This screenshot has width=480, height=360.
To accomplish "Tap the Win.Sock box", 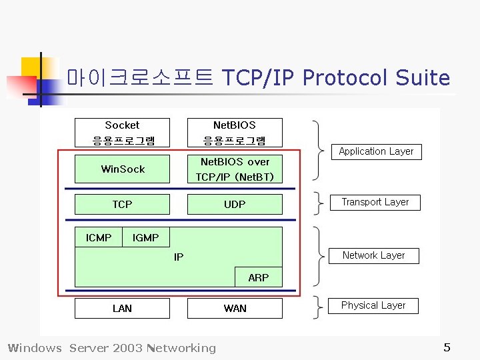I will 123,169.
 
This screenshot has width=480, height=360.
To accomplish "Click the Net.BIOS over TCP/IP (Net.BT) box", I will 235,169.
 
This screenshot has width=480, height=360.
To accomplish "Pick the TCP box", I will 122,204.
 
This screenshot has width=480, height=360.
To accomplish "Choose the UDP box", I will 235,204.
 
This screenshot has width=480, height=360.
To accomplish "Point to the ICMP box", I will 99,237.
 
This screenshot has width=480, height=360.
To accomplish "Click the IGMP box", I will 145,237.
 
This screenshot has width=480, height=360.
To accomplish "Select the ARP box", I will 258,277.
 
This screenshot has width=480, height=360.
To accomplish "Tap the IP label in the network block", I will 179,257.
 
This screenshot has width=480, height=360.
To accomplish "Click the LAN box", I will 122,308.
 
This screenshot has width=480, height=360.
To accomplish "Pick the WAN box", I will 235,308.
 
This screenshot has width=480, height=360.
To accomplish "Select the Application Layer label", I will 376,151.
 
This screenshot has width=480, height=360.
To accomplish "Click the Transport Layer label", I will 375,202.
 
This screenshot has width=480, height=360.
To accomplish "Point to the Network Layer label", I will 373,255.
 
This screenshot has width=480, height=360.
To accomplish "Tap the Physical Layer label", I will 373,305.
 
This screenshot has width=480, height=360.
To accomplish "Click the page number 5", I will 447,347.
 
